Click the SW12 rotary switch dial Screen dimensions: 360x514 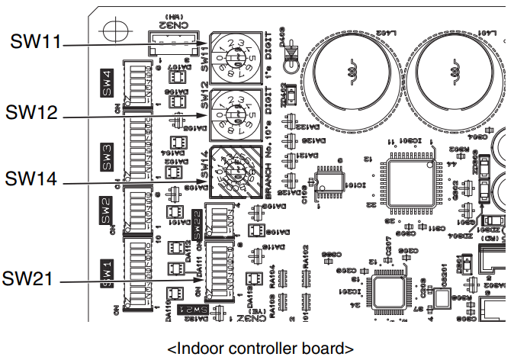pyautogui.click(x=232, y=112)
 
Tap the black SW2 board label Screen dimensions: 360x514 pyautogui.click(x=107, y=206)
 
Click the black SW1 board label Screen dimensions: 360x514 pyautogui.click(x=107, y=269)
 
